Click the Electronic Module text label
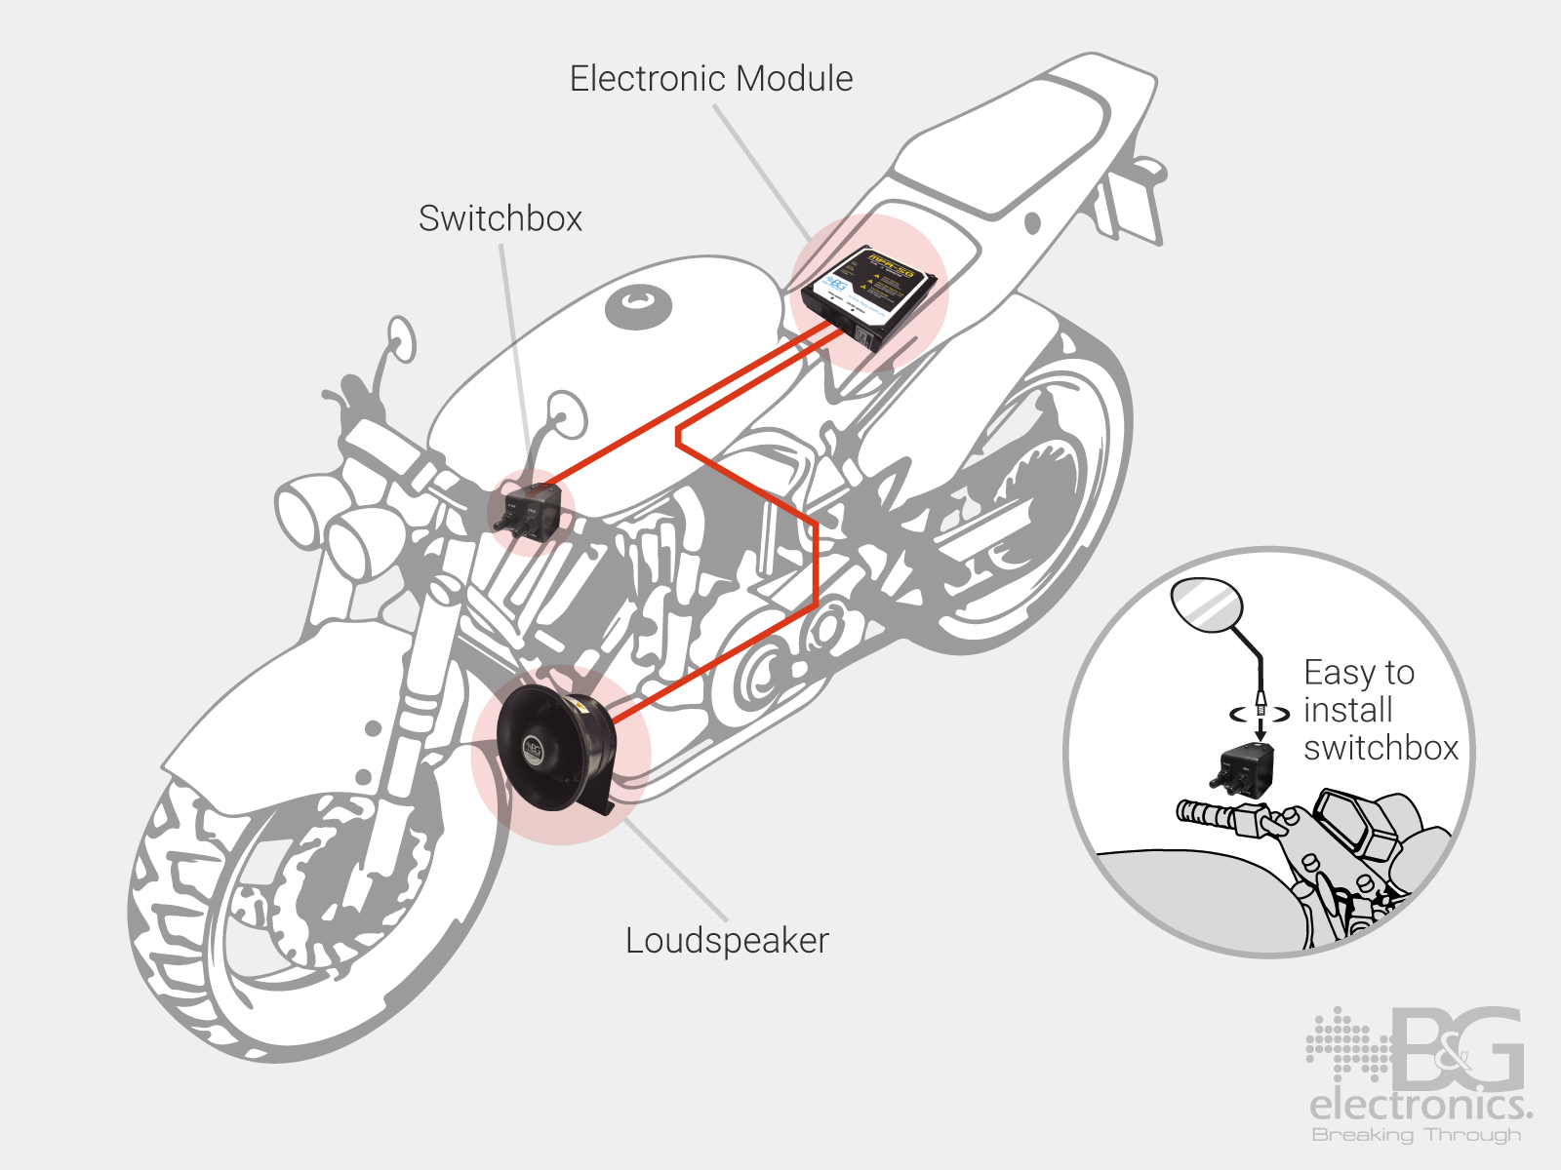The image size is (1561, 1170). pyautogui.click(x=711, y=79)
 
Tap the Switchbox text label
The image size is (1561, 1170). pyautogui.click(x=500, y=218)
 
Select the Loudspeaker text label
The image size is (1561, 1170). pyautogui.click(x=727, y=941)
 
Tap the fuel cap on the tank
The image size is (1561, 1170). pyautogui.click(x=639, y=306)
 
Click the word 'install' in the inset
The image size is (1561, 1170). pyautogui.click(x=1348, y=711)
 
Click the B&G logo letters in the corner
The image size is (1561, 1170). pyautogui.click(x=1458, y=1051)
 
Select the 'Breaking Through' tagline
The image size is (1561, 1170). pyautogui.click(x=1416, y=1135)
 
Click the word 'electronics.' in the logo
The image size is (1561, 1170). pyautogui.click(x=1420, y=1106)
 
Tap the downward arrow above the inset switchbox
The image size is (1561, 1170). pyautogui.click(x=1261, y=725)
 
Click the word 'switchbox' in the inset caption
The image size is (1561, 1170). pyautogui.click(x=1381, y=749)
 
